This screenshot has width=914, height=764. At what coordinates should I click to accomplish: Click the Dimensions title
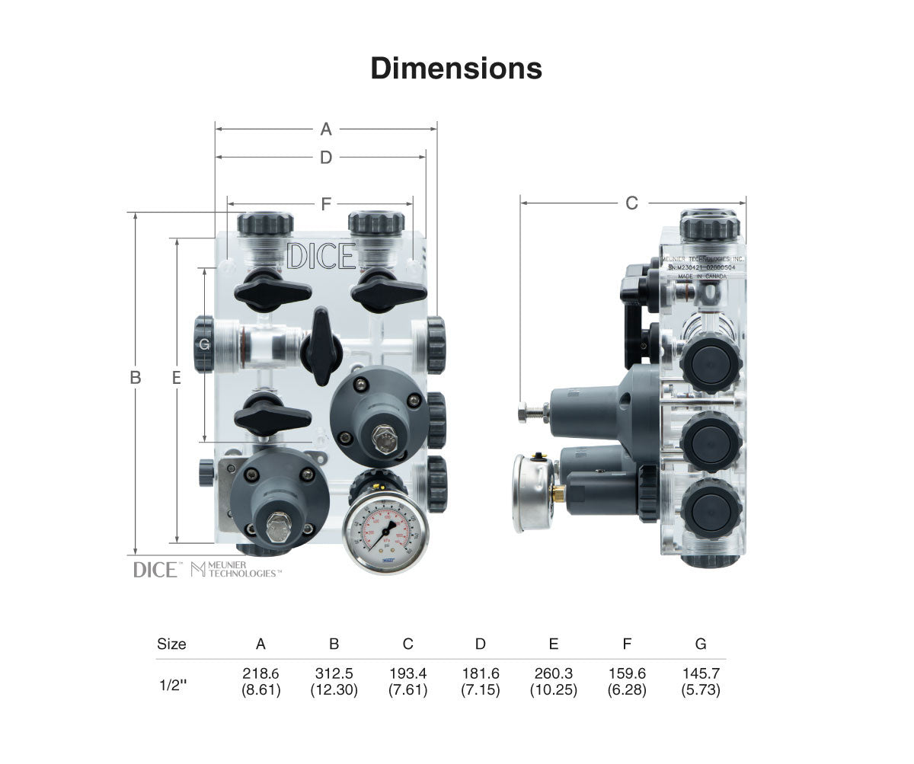click(x=456, y=69)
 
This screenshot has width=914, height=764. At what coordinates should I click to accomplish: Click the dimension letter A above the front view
click(x=326, y=129)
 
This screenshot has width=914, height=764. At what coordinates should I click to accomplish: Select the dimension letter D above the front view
click(x=326, y=158)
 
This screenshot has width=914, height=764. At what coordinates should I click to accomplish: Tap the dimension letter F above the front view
click(x=326, y=204)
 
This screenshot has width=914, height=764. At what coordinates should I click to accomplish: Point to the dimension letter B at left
click(x=136, y=377)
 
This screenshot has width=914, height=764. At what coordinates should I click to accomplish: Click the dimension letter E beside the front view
click(x=177, y=377)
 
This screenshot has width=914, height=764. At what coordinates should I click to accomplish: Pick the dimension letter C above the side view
click(x=631, y=203)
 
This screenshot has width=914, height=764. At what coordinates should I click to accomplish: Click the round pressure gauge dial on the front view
click(x=385, y=531)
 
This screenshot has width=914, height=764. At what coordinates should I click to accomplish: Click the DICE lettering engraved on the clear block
click(x=321, y=257)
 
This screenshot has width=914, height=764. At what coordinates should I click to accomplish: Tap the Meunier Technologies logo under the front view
click(x=236, y=569)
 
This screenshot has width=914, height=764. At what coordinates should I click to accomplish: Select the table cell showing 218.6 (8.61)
click(x=261, y=682)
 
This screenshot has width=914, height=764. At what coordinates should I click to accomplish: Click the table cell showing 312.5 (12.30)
click(x=334, y=682)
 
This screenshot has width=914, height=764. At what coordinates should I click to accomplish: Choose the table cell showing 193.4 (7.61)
click(x=407, y=682)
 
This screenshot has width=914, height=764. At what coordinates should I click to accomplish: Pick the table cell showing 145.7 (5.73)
click(x=701, y=682)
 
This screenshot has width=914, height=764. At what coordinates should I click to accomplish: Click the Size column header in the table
click(x=171, y=644)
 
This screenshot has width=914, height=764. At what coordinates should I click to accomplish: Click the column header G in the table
click(x=701, y=644)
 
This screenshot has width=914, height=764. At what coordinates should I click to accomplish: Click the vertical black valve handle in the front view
click(x=321, y=347)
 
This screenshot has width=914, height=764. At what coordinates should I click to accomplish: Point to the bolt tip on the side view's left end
click(x=524, y=413)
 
